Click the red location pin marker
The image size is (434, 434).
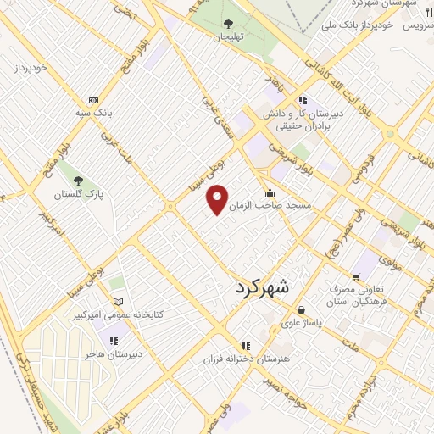click(218, 199)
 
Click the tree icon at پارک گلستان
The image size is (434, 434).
click(78, 181)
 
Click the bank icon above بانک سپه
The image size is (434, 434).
click(93, 100)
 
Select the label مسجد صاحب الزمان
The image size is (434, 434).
click(298, 206)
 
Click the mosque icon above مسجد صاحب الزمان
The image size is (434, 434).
click(270, 192)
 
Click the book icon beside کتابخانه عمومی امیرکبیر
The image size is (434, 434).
click(118, 302)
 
